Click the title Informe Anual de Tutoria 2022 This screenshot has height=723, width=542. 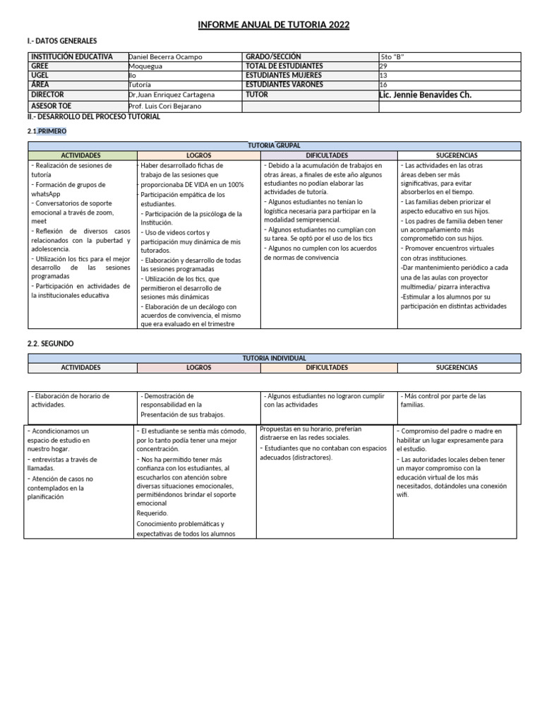273,25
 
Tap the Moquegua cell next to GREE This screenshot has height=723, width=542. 146,66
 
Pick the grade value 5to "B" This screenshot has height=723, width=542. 392,57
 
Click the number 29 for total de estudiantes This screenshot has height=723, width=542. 383,66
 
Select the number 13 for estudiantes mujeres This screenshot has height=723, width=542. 383,76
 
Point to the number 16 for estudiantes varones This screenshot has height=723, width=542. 383,85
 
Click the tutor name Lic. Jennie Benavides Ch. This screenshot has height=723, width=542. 426,95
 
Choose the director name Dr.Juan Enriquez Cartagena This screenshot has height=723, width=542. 171,95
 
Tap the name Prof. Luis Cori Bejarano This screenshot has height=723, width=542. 166,107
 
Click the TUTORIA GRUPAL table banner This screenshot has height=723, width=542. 274,145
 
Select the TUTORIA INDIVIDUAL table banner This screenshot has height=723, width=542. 274,359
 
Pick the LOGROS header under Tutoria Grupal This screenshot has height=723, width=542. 198,155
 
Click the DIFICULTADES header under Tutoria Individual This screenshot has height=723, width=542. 327,368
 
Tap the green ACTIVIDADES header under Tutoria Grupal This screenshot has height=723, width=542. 80,155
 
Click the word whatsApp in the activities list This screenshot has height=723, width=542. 46,194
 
